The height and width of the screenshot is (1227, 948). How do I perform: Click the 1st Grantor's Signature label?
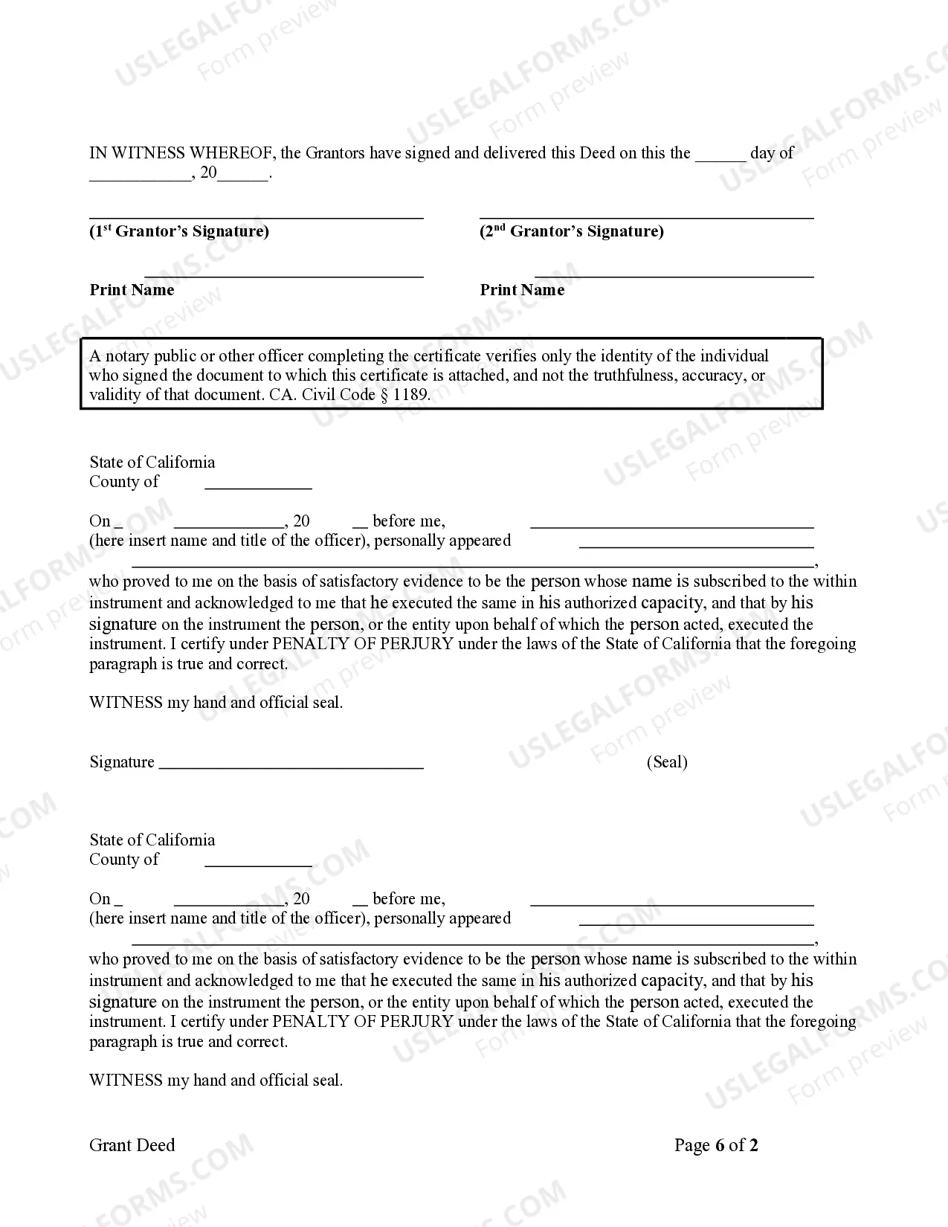tap(179, 231)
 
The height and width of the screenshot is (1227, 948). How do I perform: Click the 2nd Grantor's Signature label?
tap(571, 231)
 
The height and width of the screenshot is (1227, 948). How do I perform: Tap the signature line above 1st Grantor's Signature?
tap(257, 216)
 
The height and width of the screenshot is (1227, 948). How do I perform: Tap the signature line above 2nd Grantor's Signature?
tap(646, 216)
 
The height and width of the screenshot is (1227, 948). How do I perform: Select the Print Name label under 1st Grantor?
tap(132, 290)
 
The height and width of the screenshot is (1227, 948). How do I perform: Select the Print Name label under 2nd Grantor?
tap(522, 290)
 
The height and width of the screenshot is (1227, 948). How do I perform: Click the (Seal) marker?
tap(667, 761)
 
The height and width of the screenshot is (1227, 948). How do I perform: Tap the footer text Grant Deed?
tap(132, 1145)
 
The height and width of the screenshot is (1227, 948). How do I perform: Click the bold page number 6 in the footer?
tap(719, 1145)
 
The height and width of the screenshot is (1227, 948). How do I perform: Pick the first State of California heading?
tap(152, 462)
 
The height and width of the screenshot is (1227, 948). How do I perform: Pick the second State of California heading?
tap(152, 840)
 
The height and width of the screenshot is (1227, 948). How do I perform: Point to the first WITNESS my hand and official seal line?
tap(216, 703)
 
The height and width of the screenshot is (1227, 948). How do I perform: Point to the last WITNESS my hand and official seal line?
tap(216, 1081)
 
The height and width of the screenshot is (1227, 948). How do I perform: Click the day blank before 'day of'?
tap(720, 158)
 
